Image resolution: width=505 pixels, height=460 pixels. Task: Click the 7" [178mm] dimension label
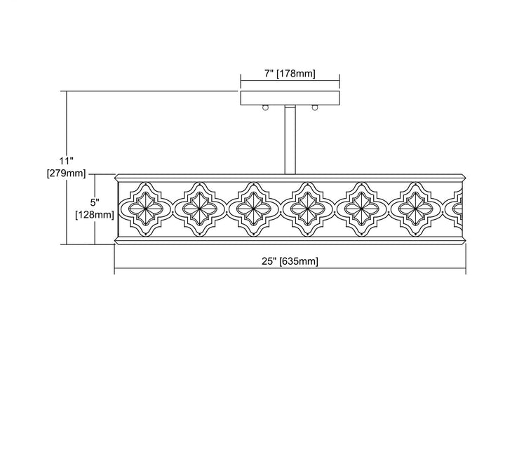pos(290,74)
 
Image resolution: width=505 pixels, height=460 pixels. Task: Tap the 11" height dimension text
pos(67,160)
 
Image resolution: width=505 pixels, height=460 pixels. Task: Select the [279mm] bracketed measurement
pos(67,173)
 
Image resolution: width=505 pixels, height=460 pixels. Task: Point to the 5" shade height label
pos(95,202)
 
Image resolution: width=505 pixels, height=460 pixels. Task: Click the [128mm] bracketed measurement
pos(95,214)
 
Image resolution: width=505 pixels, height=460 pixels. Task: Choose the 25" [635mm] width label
pos(290,261)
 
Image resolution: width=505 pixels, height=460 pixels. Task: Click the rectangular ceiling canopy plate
pos(290,98)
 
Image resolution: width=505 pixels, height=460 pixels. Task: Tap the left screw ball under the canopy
pos(265,107)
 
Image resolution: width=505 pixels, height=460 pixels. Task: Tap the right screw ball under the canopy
pos(315,107)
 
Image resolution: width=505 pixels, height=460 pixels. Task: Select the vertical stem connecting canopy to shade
pos(290,140)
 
